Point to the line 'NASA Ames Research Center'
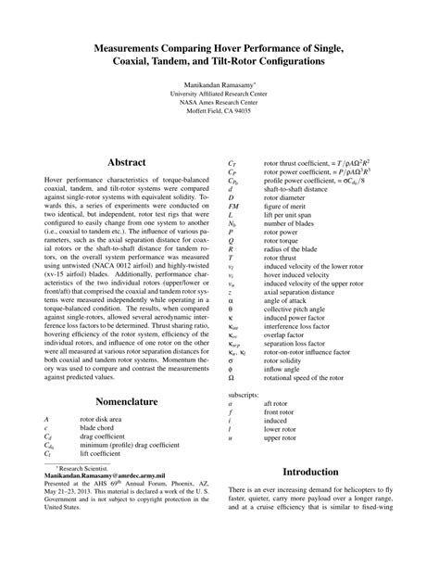point(219,102)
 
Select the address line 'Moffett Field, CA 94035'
point(219,110)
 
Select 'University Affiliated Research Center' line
point(219,94)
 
